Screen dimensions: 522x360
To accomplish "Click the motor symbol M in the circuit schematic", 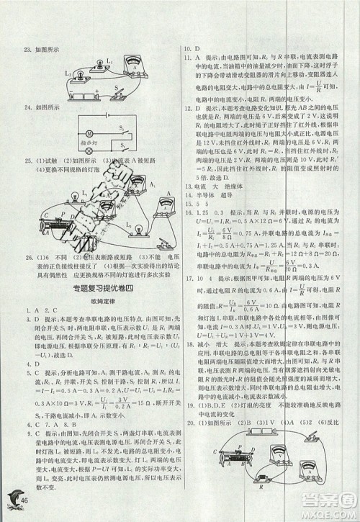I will coord(88,133).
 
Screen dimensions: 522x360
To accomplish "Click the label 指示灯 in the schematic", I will coord(89,142).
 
